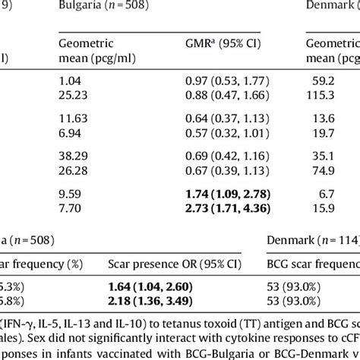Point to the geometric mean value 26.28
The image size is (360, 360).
[x=72, y=190]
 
